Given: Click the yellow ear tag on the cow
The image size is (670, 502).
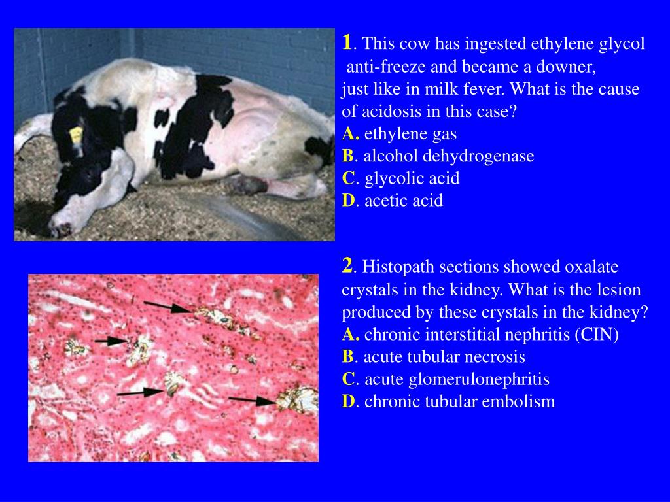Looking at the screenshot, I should click(x=76, y=135).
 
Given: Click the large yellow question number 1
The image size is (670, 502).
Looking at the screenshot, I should click(x=347, y=42).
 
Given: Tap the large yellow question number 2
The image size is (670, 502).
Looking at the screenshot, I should click(x=347, y=265).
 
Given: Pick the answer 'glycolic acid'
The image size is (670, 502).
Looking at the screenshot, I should click(x=412, y=178).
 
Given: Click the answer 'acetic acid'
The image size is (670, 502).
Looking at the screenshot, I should click(x=403, y=201).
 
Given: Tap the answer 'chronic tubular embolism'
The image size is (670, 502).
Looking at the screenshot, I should click(x=459, y=401).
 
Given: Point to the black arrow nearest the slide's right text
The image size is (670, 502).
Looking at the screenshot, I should click(x=252, y=399).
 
